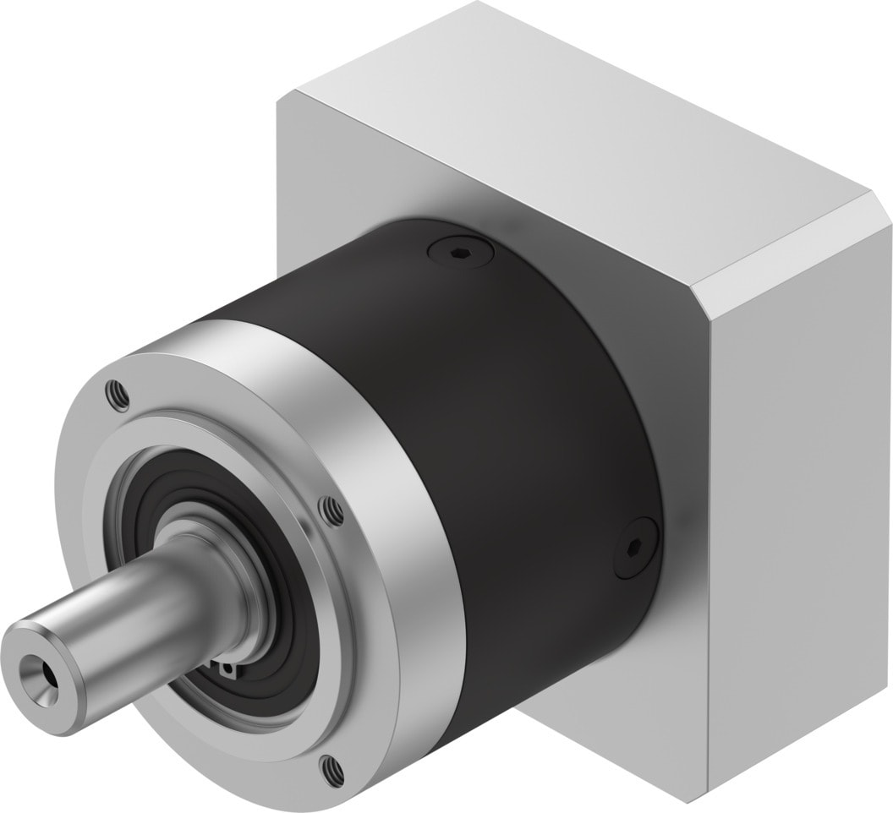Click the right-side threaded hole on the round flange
(332, 510)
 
